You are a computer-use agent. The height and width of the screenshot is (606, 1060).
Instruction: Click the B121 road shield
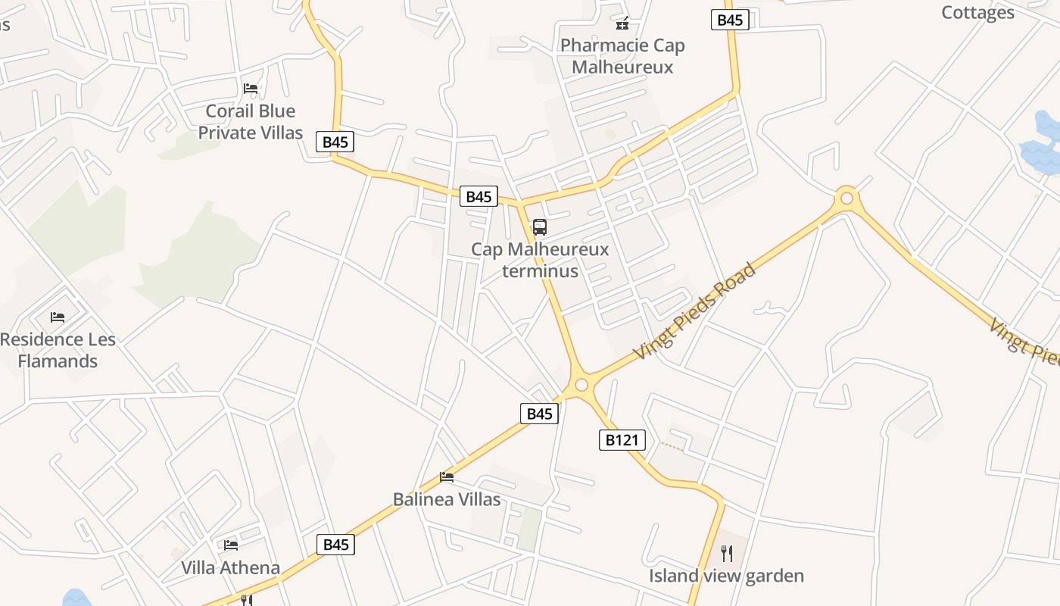(x=622, y=439)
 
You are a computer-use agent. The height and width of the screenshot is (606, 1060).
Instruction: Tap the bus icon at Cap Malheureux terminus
(x=539, y=226)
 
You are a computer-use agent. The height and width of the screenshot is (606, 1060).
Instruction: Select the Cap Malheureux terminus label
(x=540, y=260)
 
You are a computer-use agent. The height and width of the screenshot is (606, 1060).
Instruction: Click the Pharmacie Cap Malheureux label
(x=622, y=56)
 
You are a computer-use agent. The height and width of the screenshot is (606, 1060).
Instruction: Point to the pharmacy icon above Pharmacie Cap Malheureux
(x=622, y=23)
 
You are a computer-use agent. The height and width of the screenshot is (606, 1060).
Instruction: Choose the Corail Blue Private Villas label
(x=251, y=122)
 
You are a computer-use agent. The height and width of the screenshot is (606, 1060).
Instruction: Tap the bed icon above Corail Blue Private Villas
(x=251, y=89)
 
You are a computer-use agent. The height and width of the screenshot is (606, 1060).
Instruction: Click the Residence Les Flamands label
(x=58, y=350)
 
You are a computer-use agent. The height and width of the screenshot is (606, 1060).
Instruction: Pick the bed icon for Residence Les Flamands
(x=58, y=317)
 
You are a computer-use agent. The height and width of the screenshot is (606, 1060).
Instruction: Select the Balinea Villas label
(x=447, y=499)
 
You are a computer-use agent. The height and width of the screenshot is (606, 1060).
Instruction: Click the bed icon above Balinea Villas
(x=447, y=477)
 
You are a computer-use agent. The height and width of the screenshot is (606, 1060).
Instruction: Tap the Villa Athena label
(x=230, y=567)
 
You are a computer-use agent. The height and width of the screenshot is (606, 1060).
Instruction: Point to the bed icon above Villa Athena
(x=231, y=545)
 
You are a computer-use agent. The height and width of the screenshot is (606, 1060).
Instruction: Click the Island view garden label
(x=726, y=576)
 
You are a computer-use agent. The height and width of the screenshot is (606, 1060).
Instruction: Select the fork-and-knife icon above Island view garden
(x=727, y=553)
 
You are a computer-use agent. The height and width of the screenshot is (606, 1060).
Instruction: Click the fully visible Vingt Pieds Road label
(x=696, y=311)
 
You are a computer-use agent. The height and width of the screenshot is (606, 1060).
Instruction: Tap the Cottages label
(x=977, y=12)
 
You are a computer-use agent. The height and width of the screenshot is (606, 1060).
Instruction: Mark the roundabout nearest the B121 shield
(x=581, y=385)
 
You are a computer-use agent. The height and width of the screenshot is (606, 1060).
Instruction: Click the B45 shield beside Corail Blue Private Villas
(x=335, y=142)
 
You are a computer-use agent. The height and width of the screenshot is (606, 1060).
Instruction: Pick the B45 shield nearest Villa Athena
(x=335, y=544)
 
